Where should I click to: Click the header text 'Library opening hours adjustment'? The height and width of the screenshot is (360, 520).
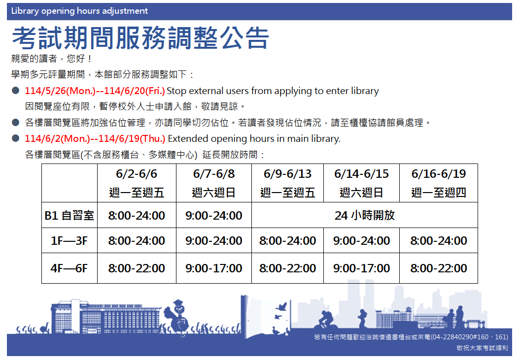coord(79,11)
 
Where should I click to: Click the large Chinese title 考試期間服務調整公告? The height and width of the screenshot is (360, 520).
coord(140,38)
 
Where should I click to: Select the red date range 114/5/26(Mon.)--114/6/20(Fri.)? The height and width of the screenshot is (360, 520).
coord(95,91)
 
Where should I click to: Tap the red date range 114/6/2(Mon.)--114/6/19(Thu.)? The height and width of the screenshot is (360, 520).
coord(95,138)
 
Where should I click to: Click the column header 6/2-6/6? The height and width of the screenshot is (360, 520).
coord(137,174)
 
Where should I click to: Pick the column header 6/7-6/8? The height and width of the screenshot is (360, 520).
coord(214,174)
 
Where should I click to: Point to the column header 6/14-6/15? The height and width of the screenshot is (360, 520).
coord(361,174)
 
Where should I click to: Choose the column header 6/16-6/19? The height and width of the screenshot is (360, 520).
coord(439,174)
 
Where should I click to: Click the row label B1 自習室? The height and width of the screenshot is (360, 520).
coord(69,216)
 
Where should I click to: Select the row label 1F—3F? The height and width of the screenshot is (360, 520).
coord(69,241)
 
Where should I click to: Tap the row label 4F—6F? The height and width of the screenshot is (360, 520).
coord(69,268)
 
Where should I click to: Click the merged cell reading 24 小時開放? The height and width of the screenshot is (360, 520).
coord(365,216)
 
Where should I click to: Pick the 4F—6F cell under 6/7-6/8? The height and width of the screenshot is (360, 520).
coord(214,268)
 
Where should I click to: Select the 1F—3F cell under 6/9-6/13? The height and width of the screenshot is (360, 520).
coord(287,241)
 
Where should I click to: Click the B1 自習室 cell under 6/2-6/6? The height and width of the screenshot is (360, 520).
coord(137,216)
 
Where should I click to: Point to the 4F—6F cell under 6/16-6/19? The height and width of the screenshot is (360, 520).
coord(439,268)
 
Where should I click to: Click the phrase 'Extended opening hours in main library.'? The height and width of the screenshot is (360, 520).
coord(254,138)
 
